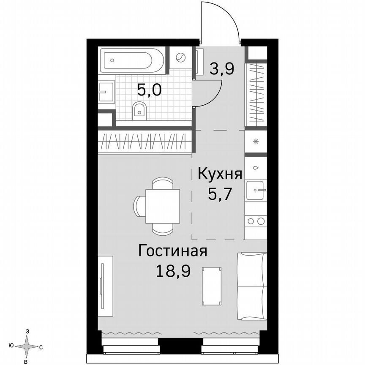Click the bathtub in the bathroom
(132, 60)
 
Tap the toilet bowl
(139, 111)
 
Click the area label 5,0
(149, 90)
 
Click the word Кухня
(220, 174)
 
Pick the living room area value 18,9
(173, 270)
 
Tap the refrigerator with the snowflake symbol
(256, 142)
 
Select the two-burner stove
(256, 221)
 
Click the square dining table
(162, 206)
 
